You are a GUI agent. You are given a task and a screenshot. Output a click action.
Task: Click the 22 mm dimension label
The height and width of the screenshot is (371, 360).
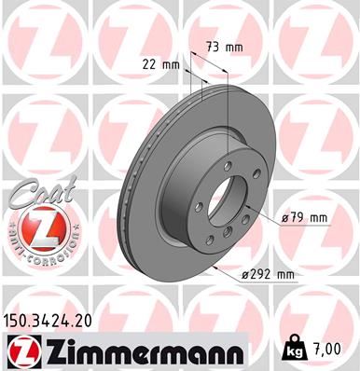point(160,64)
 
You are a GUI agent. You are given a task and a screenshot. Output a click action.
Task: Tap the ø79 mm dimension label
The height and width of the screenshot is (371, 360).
point(305,218)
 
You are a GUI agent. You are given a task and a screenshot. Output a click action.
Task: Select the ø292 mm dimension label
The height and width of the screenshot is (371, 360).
point(266,274)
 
